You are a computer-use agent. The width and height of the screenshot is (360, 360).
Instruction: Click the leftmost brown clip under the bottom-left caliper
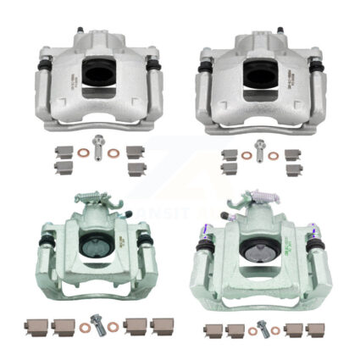pyautogui.click(x=39, y=325)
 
